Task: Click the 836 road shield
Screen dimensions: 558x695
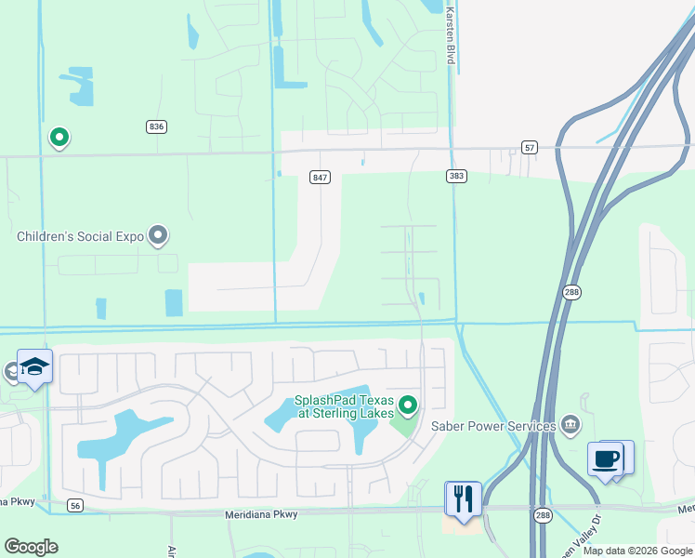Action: tap(156, 126)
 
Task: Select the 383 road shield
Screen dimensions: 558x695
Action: tap(454, 175)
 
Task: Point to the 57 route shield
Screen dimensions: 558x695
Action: tap(530, 147)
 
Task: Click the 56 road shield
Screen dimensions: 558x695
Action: tap(76, 506)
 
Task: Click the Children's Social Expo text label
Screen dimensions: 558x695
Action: tap(80, 236)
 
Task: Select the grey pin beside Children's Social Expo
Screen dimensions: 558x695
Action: tap(158, 235)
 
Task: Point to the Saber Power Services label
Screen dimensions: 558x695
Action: tap(492, 426)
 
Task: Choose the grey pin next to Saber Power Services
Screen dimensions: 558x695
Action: tap(570, 425)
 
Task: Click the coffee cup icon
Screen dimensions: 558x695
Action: tap(606, 459)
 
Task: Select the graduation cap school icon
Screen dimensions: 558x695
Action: tap(34, 367)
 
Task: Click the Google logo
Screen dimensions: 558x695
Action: tap(32, 547)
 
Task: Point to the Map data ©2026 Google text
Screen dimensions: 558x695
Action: tap(636, 551)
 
